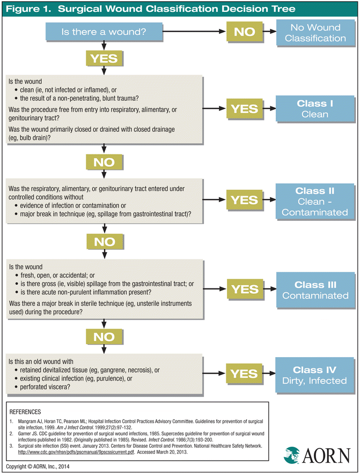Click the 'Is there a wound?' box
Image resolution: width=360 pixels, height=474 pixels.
coord(104,32)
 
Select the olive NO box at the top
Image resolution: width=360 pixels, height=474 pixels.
coord(245,32)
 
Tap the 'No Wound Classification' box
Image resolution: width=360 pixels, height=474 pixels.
coord(315,33)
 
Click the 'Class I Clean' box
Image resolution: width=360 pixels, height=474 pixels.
coord(315,109)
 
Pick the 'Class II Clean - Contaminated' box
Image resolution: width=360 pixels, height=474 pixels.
coord(315,201)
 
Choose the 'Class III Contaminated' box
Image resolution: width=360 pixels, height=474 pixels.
coord(315,290)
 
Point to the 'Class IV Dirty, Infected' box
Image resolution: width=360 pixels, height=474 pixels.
coord(315,375)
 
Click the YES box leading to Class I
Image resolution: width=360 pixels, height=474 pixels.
coord(245,109)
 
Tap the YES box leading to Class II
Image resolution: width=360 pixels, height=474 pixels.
coord(245,201)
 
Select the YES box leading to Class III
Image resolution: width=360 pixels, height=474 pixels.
coord(245,290)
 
